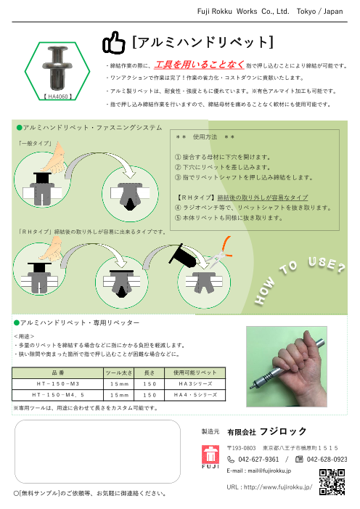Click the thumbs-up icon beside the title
(x=114, y=43)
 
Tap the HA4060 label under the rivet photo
(x=58, y=97)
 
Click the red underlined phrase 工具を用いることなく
(x=199, y=65)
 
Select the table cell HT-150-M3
(x=58, y=383)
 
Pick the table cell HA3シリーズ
(x=195, y=383)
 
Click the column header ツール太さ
(x=119, y=372)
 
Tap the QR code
(x=332, y=482)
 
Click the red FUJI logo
(x=210, y=457)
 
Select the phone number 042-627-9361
(x=258, y=460)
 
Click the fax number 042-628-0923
(x=327, y=460)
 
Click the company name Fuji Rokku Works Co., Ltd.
(x=243, y=12)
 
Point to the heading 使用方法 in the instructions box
(x=205, y=137)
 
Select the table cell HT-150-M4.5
(x=58, y=395)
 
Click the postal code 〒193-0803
(x=241, y=448)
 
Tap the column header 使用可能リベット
(x=195, y=372)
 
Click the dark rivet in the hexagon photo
(x=56, y=68)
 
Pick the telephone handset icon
(x=231, y=460)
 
